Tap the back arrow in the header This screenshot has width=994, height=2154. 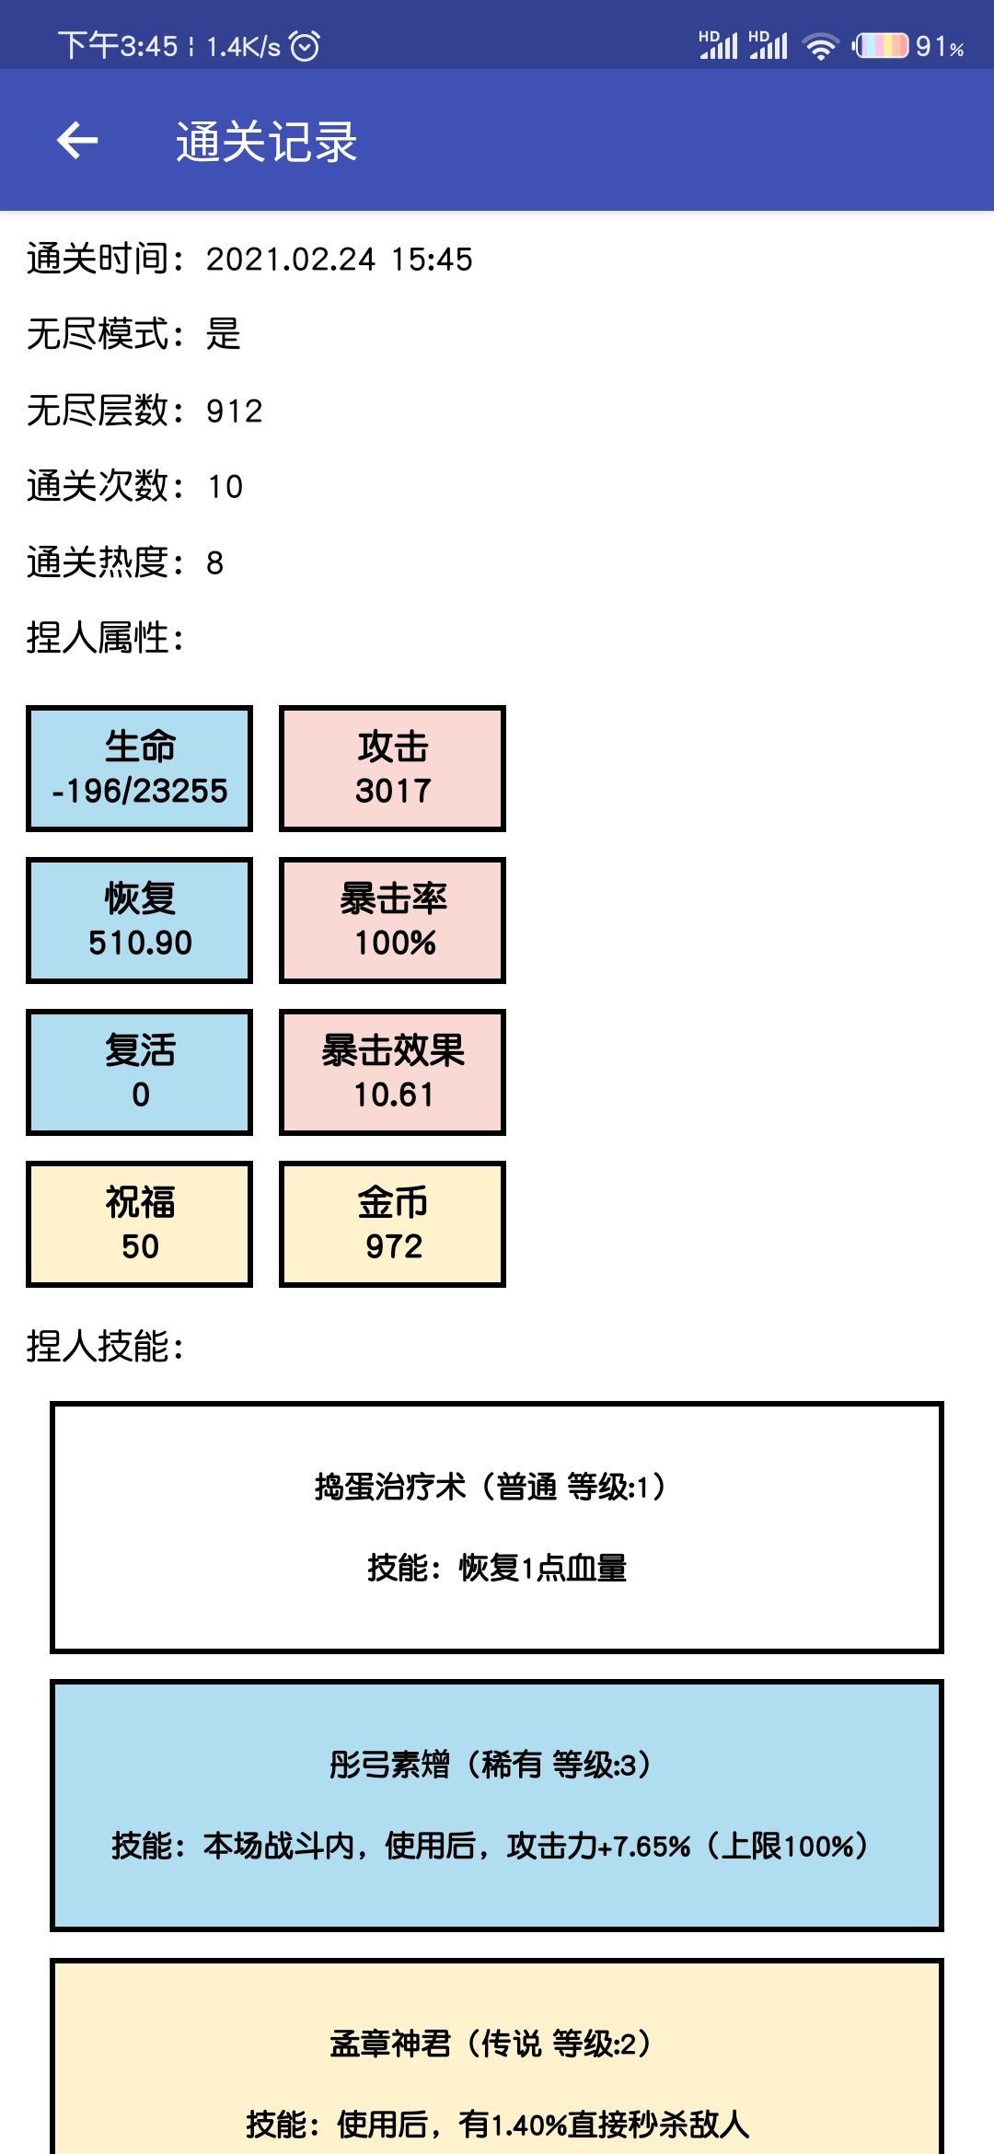coord(77,141)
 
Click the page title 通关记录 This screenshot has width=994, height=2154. coord(267,142)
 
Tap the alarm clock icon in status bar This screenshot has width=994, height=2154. coord(305,45)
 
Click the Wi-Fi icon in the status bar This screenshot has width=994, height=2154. coord(820,46)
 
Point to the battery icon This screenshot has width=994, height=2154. coord(881,45)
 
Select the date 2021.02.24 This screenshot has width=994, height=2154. coord(291,260)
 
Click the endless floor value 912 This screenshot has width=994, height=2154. coord(235,411)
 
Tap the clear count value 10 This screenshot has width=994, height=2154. coord(225,487)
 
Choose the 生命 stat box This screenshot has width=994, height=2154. coord(140,769)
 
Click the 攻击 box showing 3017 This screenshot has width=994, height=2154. coord(393,769)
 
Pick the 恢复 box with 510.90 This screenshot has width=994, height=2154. coord(140,921)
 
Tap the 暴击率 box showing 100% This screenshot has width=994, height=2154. coord(393,921)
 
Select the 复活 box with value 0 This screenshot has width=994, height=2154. coord(140,1072)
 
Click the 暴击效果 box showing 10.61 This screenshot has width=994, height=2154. coord(393,1072)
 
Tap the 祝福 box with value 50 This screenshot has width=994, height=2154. coord(140,1224)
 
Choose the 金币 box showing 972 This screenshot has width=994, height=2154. coord(393,1224)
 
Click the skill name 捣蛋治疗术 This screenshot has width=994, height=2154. coord(390,1487)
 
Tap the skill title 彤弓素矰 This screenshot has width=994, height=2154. coord(390,1765)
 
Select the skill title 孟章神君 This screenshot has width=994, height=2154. coord(390,2044)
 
